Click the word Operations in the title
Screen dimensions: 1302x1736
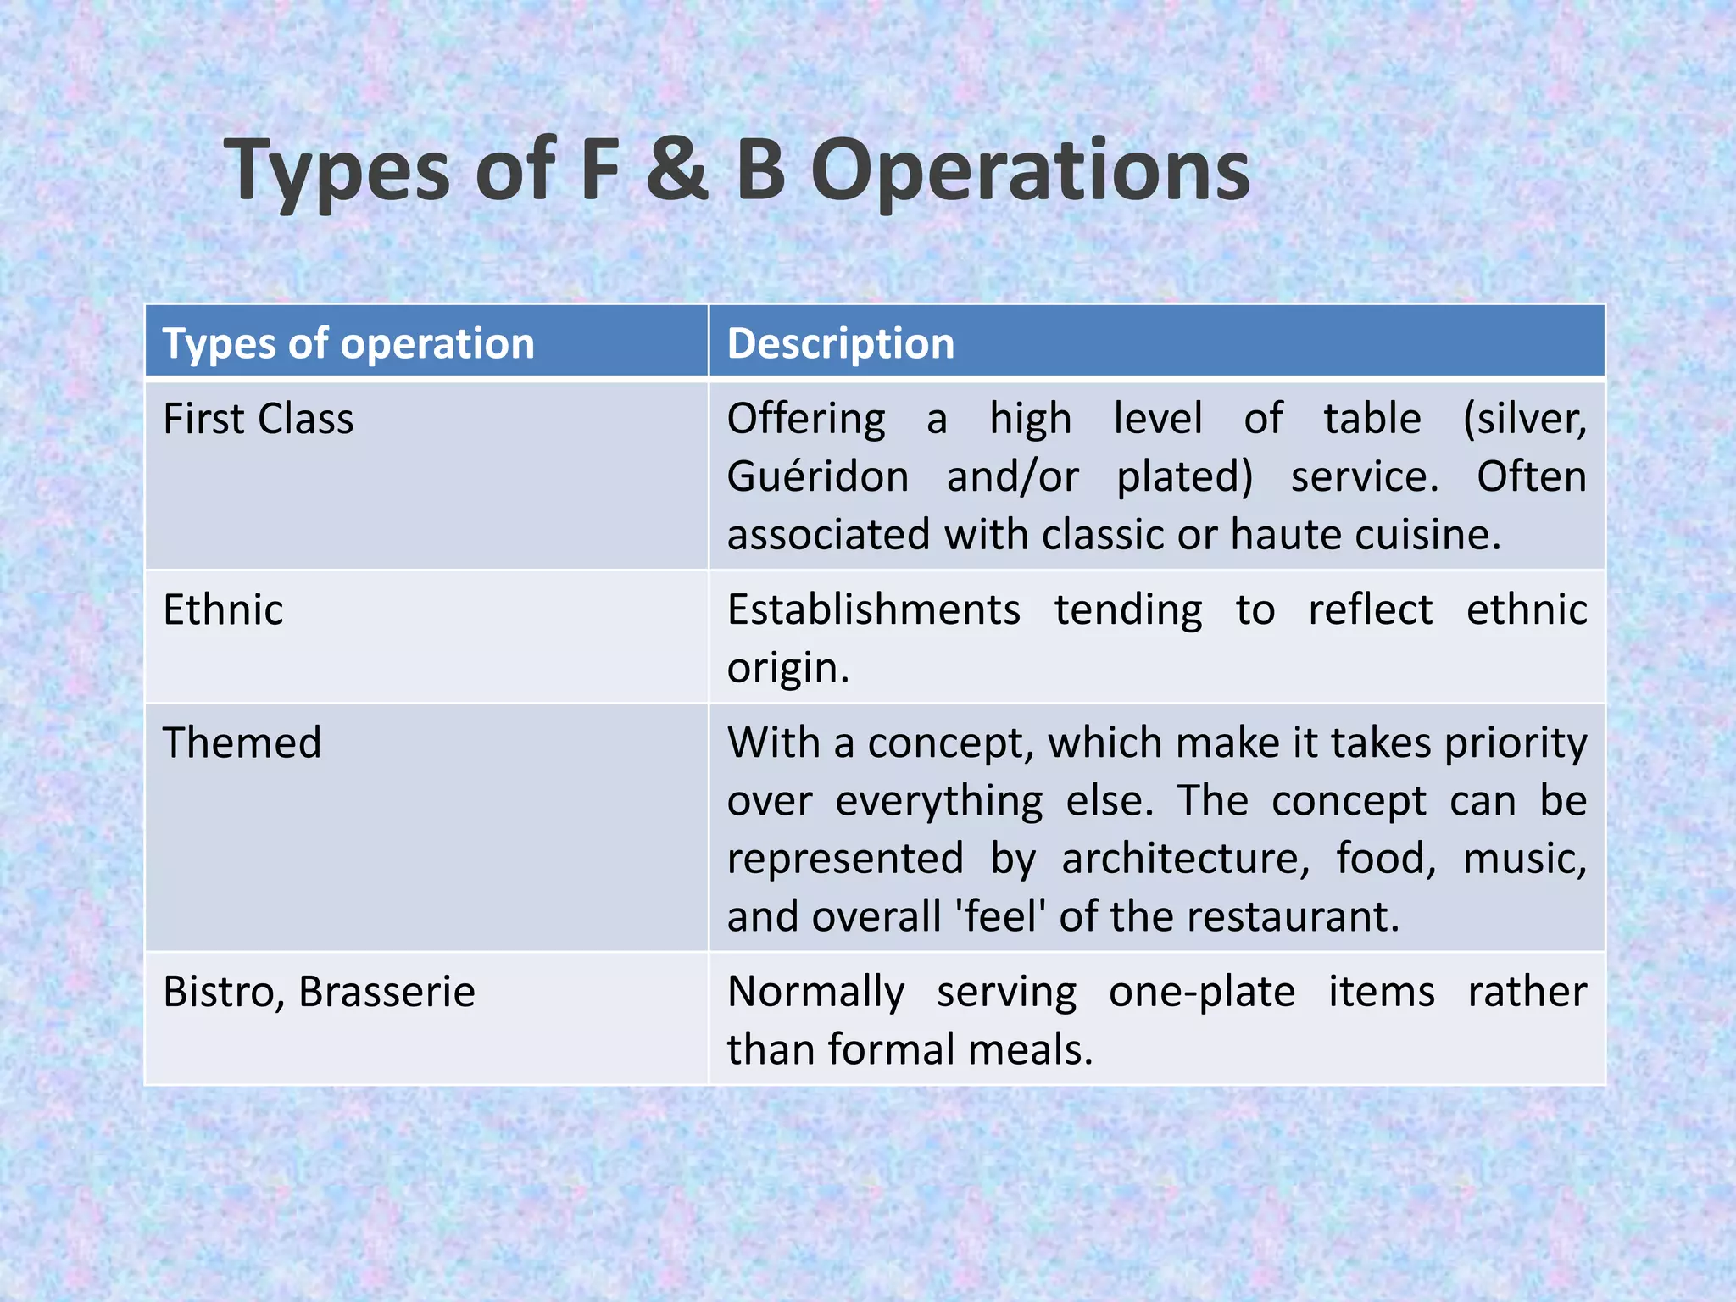click(1030, 172)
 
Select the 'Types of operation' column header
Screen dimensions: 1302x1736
click(348, 343)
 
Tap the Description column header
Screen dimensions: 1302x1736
click(840, 343)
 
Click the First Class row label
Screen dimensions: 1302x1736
click(258, 419)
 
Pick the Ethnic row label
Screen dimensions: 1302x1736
click(223, 609)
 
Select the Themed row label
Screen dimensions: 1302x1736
click(242, 743)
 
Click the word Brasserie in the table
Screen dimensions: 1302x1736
click(387, 991)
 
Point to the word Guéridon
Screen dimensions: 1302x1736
click(818, 476)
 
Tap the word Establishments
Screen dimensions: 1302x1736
click(873, 609)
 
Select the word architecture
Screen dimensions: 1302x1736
click(1185, 859)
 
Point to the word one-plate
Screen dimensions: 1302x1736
click(1201, 991)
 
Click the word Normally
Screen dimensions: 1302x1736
click(815, 993)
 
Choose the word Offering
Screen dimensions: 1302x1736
click(806, 420)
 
